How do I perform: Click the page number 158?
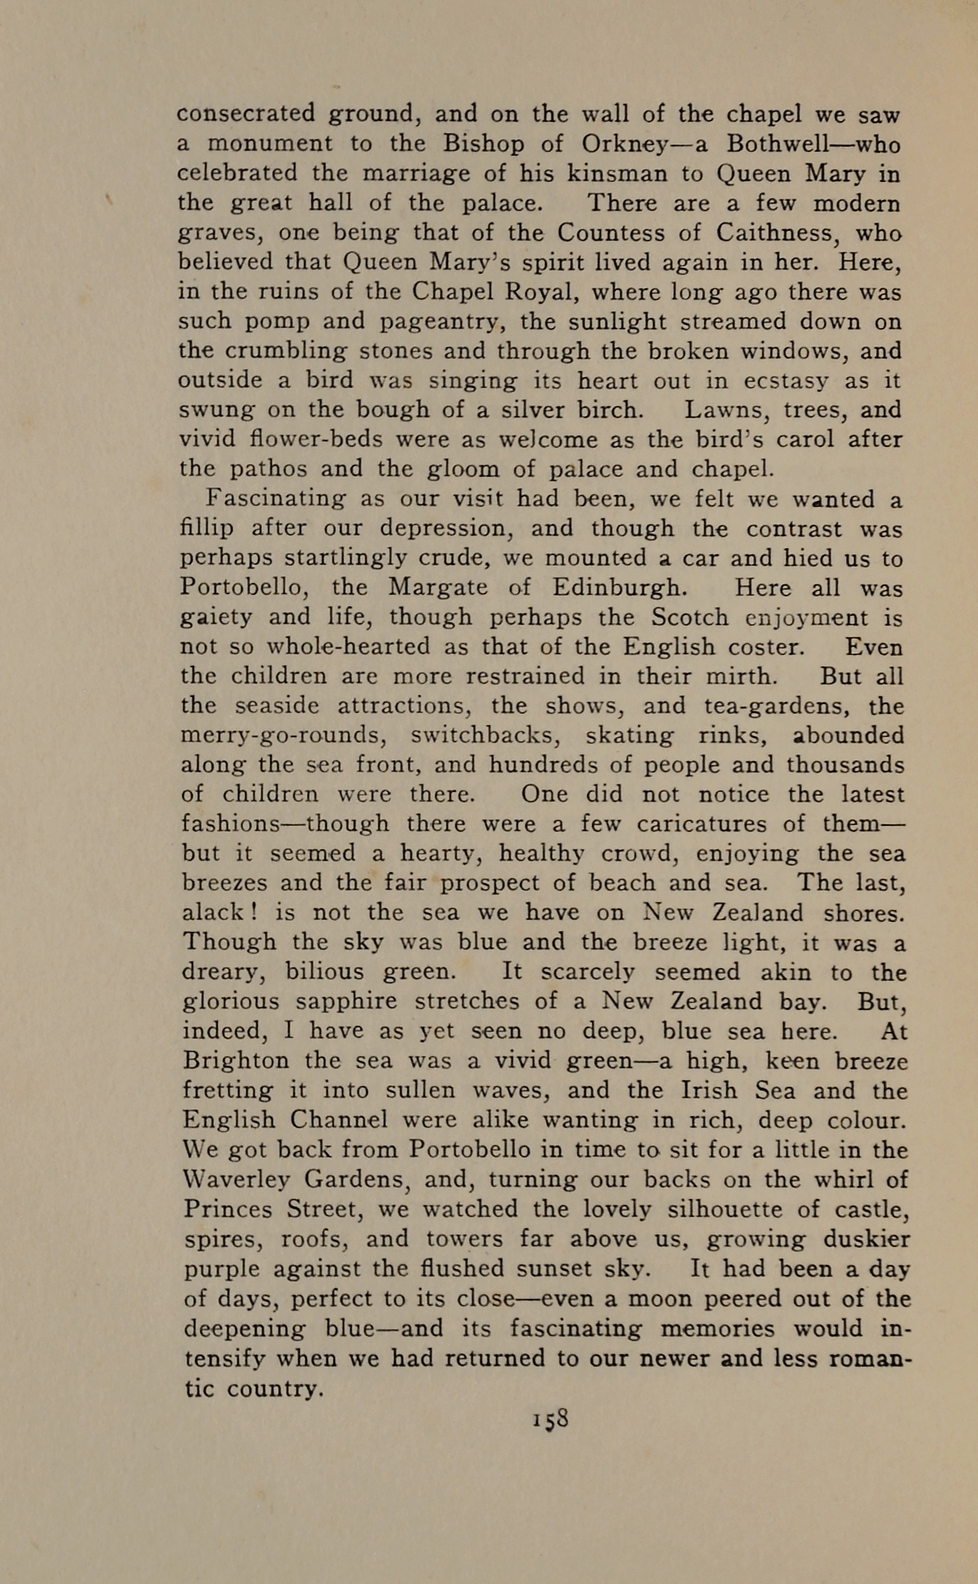tap(550, 1419)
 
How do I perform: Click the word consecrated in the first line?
tap(246, 114)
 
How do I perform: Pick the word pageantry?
tap(441, 322)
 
